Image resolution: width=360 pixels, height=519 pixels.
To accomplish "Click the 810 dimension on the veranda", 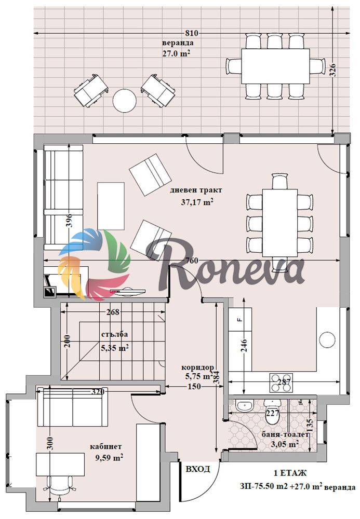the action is (x=192, y=33).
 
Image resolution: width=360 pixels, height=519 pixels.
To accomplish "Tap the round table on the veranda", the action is (x=125, y=101).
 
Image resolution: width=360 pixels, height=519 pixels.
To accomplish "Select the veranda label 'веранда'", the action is (x=178, y=43).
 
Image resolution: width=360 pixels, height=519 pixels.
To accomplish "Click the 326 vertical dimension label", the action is (x=333, y=70).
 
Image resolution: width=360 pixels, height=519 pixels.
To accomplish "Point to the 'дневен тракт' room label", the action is (x=196, y=190).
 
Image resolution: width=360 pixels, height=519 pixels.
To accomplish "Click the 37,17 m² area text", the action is (x=197, y=201).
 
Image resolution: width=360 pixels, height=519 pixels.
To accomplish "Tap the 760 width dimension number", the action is (x=192, y=261).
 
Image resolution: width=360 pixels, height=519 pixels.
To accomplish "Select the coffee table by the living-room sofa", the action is (x=111, y=206).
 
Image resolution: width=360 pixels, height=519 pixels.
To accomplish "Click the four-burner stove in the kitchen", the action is (x=281, y=383).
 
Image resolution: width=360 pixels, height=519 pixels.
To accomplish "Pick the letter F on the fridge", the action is (x=241, y=320).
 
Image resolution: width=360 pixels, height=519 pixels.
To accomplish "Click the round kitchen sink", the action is (x=328, y=339).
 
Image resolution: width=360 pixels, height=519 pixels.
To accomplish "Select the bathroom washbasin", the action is (x=245, y=405).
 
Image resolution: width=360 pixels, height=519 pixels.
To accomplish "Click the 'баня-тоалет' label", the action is (x=285, y=434).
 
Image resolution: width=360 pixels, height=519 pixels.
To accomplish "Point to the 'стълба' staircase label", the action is (x=114, y=334).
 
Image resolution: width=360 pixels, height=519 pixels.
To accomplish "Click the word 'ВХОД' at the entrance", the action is (x=197, y=469).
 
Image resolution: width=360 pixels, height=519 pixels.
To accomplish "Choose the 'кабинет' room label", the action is (x=106, y=446).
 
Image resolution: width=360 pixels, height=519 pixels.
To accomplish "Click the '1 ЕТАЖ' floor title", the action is (x=290, y=473).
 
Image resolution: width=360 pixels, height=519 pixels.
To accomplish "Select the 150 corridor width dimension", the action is (x=194, y=386).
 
